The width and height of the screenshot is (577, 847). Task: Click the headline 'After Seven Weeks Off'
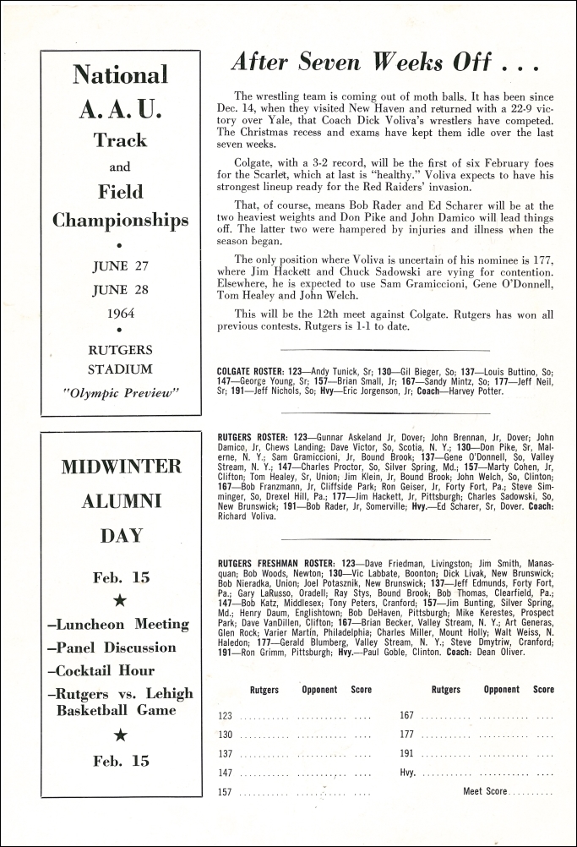[385, 62]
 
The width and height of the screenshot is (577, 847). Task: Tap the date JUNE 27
[120, 265]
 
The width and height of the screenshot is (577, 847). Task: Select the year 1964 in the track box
[120, 313]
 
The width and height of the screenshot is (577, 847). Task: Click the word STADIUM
[120, 369]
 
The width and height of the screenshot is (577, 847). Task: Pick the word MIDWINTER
[121, 466]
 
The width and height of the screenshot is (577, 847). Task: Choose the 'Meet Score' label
[485, 791]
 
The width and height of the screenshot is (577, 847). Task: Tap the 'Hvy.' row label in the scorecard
[408, 773]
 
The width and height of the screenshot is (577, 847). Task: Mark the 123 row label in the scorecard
[225, 716]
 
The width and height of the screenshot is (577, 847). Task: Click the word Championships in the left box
[121, 221]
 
